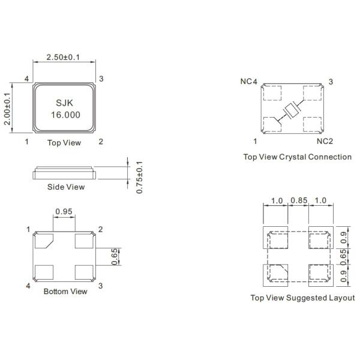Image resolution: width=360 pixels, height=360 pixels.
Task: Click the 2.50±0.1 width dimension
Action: (64, 58)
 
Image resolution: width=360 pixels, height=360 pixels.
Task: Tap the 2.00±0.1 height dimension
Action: (8, 108)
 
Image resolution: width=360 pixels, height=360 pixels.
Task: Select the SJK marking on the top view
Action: (64, 103)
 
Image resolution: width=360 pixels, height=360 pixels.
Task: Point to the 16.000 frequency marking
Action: (64, 114)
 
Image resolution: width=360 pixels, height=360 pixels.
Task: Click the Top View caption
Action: (64, 143)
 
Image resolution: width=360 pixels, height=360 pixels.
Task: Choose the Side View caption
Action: (66, 187)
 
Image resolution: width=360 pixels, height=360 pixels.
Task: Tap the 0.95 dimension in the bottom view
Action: (64, 211)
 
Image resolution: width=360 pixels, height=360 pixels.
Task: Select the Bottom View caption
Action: (65, 292)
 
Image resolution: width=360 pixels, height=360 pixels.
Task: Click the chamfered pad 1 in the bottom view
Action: (44, 241)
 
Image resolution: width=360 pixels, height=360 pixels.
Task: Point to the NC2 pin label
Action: (325, 142)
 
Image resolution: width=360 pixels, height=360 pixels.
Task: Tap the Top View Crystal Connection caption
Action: (297, 157)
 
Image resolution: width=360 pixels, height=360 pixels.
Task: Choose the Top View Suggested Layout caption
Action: (302, 298)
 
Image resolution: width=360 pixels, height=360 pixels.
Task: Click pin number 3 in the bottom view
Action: (100, 286)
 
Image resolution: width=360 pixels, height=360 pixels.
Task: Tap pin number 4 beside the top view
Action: (26, 79)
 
